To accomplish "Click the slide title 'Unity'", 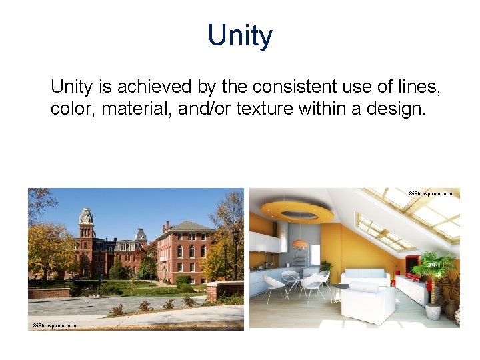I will [x=240, y=35].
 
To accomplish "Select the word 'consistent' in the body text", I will [x=292, y=87].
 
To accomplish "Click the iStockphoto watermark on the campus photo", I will [x=55, y=325].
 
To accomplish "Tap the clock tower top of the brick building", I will [x=85, y=217].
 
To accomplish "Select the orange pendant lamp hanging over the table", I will [x=299, y=244].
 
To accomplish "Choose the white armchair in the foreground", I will [x=368, y=303].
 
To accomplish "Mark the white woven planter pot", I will [x=433, y=311].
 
